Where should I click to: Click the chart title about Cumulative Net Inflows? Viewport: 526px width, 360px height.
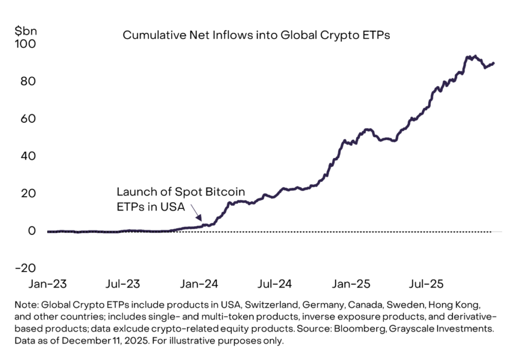pos(256,35)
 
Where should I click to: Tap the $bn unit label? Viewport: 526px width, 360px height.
pos(24,30)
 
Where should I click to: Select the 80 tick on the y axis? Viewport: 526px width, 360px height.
pos(27,81)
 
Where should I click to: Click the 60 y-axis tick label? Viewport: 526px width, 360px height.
pos(27,119)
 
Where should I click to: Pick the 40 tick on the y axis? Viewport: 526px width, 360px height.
pos(27,156)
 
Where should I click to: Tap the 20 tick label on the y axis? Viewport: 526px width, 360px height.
pos(27,194)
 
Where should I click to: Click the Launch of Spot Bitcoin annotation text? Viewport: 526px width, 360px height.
pos(180,192)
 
